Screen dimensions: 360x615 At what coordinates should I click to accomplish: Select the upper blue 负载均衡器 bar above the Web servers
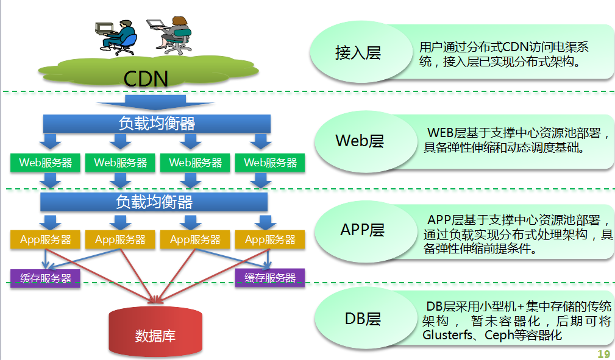click(x=157, y=124)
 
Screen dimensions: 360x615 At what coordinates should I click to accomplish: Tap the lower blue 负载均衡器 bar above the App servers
click(x=154, y=202)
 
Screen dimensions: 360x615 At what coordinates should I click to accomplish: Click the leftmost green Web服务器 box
click(x=45, y=163)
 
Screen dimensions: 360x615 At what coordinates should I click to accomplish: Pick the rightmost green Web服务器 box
click(x=270, y=163)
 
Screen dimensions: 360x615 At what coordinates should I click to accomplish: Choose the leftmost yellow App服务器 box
click(x=45, y=239)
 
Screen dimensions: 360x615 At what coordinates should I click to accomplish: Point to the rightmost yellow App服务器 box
click(x=270, y=239)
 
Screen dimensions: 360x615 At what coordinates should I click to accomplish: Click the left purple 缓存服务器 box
click(x=45, y=278)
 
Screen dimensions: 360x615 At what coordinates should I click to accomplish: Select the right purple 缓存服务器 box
click(x=269, y=278)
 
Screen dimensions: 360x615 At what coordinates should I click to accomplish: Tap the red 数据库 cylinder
click(x=155, y=332)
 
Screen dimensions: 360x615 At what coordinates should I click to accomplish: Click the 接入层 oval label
click(x=358, y=53)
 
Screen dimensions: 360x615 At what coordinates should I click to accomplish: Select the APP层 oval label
click(x=362, y=230)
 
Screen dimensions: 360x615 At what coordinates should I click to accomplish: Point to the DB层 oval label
click(x=362, y=319)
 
